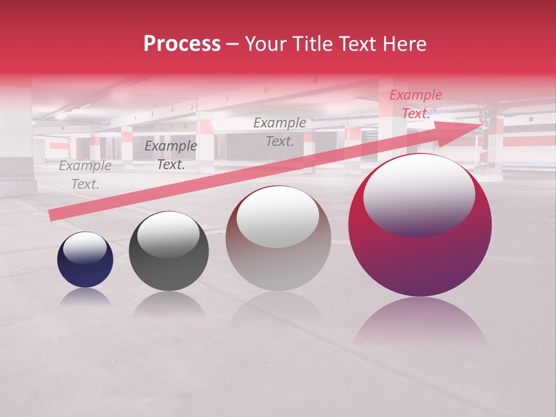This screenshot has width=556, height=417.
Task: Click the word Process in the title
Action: [x=182, y=45]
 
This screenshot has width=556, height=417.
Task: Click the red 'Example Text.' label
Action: [x=416, y=104]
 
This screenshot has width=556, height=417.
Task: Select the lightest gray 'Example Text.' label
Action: [x=85, y=175]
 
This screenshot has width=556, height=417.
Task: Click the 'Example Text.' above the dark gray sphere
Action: [x=171, y=155]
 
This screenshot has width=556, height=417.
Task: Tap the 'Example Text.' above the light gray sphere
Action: [x=280, y=131]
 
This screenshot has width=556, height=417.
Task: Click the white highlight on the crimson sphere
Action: [x=419, y=194]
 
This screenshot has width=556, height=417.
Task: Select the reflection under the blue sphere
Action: [x=85, y=297]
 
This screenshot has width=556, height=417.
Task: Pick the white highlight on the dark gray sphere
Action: [x=168, y=233]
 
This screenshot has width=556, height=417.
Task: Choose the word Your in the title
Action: [x=267, y=45]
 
